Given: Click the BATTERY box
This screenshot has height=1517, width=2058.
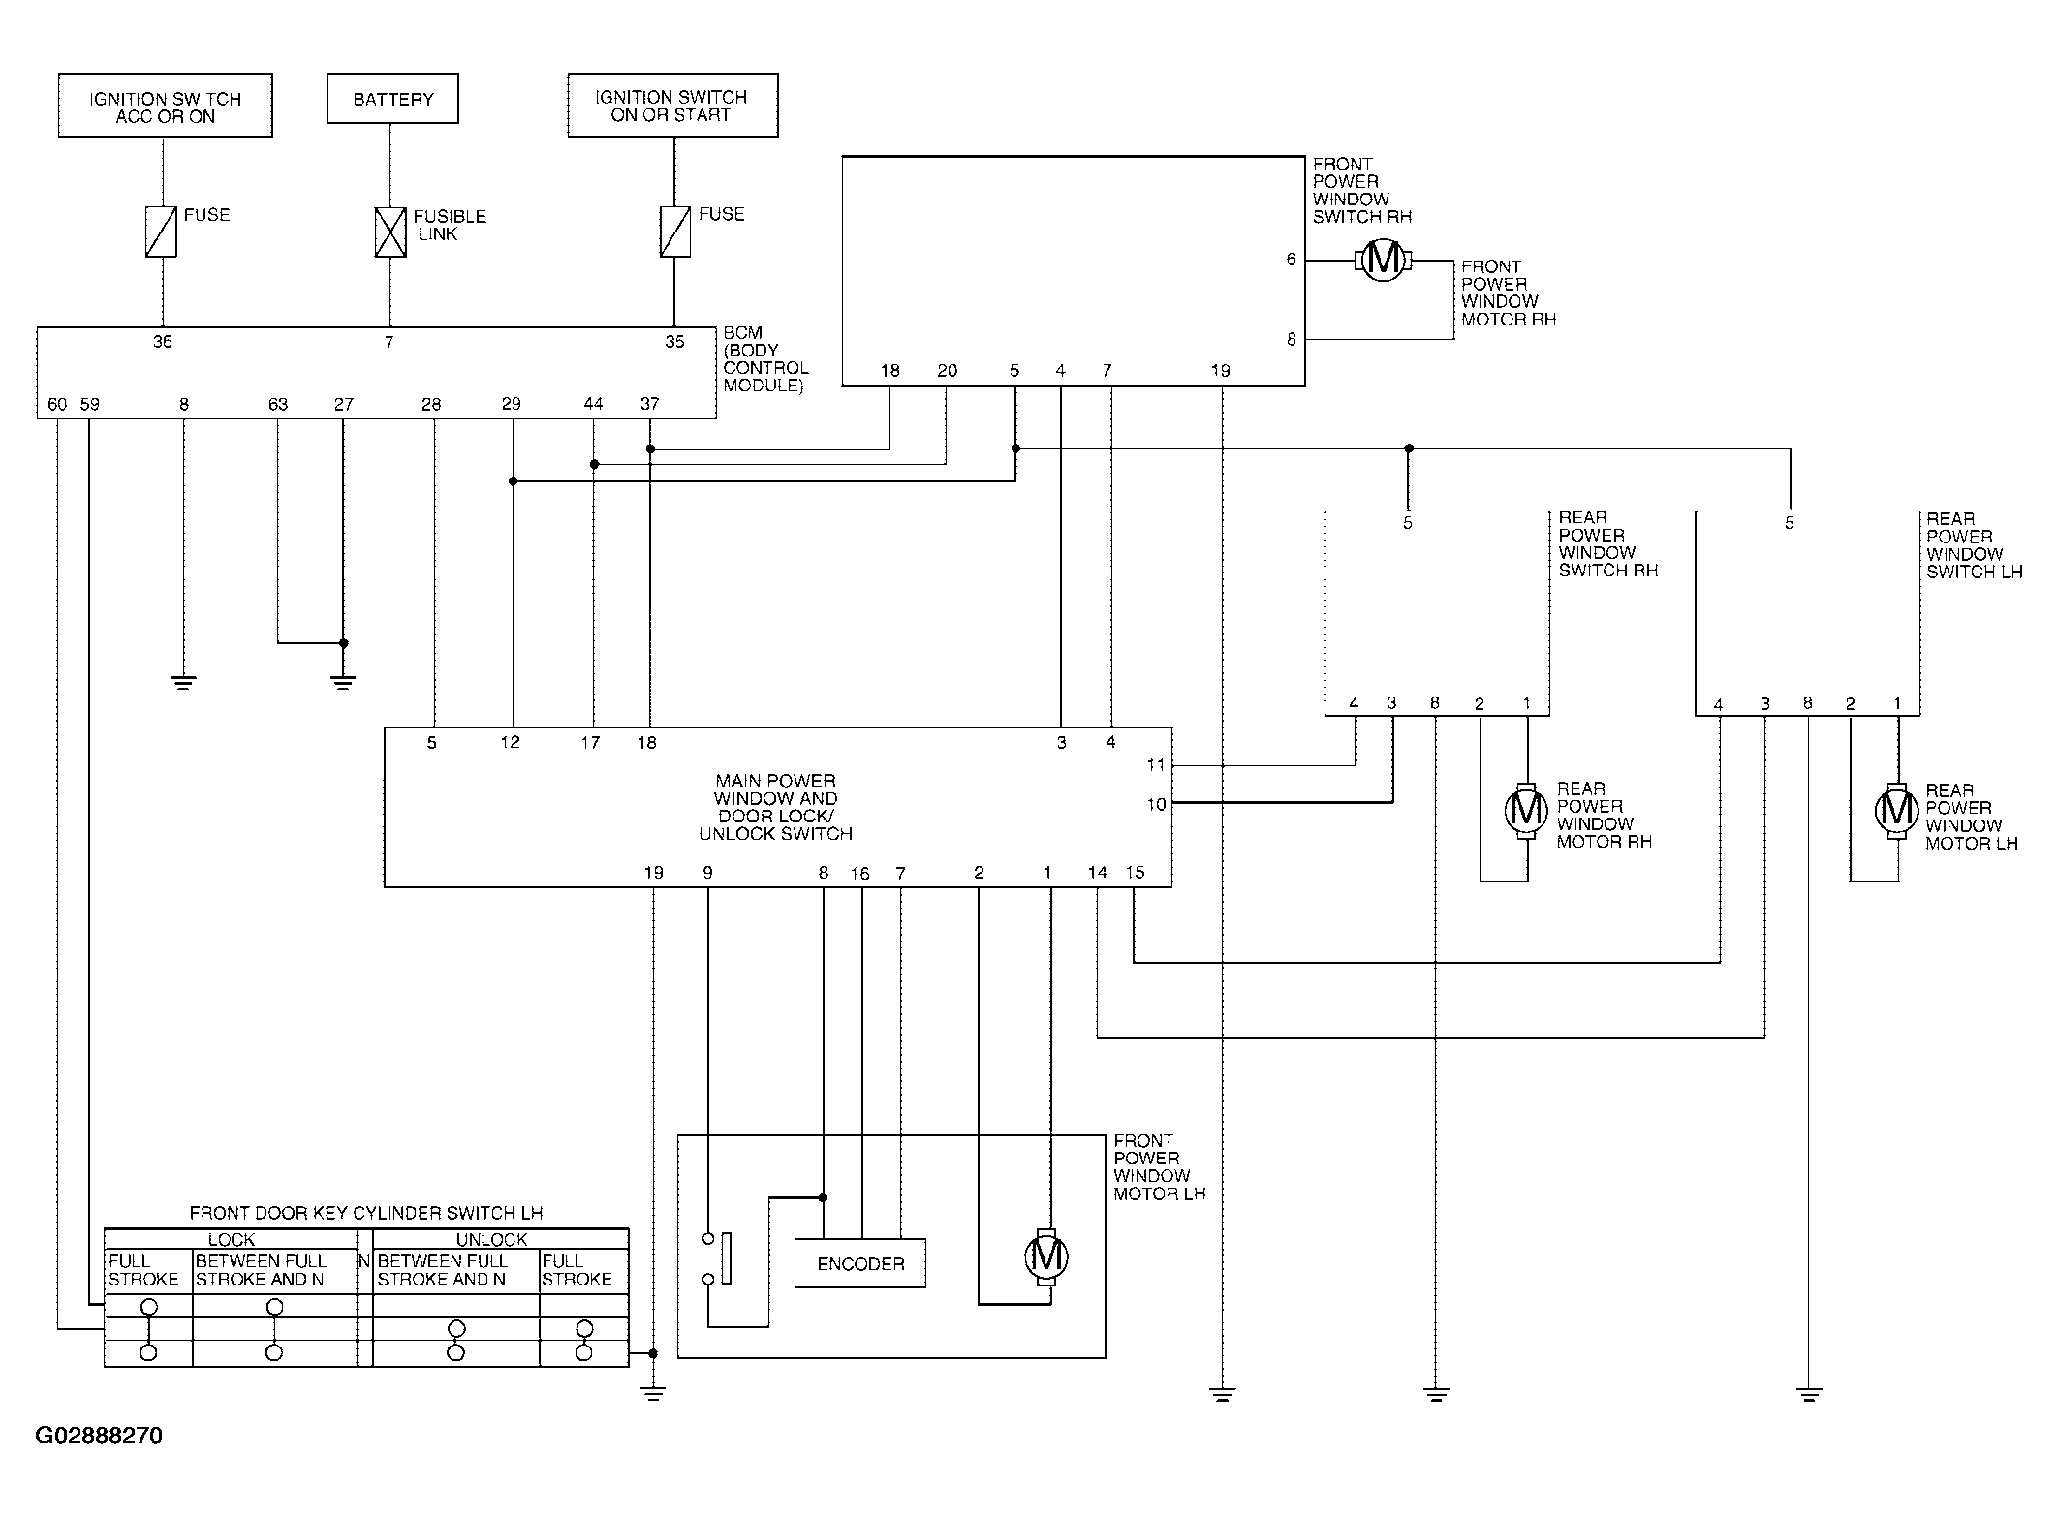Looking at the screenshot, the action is point(392,99).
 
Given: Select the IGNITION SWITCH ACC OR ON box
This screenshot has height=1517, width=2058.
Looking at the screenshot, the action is point(166,106).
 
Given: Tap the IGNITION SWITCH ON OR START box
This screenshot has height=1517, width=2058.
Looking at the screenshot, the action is point(672,106).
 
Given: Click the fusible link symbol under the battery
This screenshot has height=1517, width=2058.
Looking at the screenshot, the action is point(390,232).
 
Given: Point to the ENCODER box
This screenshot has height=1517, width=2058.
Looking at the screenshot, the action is point(860,1263).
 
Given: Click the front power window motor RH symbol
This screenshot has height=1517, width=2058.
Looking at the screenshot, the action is point(1383,260).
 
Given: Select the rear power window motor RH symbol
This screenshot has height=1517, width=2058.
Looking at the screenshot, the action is point(1527,809).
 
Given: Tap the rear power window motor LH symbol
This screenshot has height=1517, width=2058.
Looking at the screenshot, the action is point(1896,811).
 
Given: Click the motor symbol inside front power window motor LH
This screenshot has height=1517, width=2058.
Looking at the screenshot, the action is point(1046,1257).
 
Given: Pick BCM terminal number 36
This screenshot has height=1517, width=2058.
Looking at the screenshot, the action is point(163,341).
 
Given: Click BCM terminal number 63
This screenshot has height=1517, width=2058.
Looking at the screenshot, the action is point(278,404).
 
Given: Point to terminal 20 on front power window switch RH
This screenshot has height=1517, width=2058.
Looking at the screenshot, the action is point(948,370).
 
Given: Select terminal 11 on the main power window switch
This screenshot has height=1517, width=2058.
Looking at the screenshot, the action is point(1155,765).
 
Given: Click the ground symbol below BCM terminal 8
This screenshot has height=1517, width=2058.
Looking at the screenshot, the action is point(183,682).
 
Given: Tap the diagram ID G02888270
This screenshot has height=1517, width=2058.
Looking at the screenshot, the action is point(99,1436).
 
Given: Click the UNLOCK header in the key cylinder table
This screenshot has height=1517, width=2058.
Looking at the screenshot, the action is point(492,1239).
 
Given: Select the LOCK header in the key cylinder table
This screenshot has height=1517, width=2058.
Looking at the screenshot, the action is point(232,1239).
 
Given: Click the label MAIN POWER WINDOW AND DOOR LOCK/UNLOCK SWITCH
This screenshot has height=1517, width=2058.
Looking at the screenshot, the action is point(775,807).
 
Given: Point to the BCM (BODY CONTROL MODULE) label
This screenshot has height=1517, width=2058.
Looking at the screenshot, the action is point(765,359).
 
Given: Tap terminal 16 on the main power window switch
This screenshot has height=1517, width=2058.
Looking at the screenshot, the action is point(860,873).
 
